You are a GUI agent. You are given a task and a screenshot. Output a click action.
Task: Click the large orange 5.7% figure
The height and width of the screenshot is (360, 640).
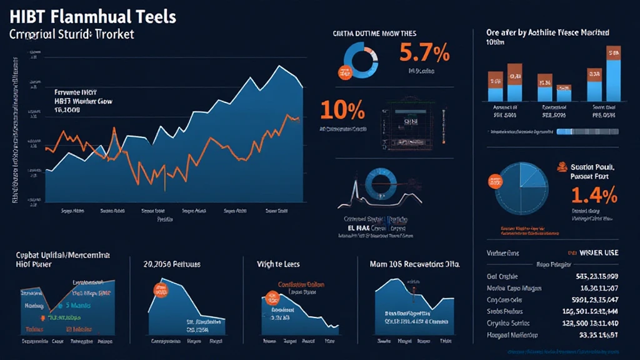point(424,54)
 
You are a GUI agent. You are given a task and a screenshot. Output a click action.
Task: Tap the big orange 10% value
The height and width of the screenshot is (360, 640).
point(342,110)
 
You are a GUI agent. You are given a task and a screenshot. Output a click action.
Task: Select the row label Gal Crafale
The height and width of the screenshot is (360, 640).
point(503,276)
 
